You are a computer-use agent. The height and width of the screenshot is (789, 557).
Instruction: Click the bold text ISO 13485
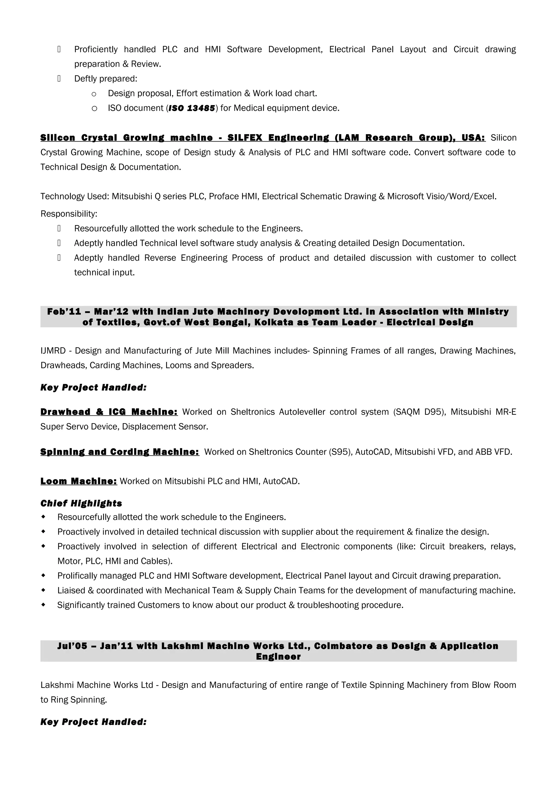point(191,108)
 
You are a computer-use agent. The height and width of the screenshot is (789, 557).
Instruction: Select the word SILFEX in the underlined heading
point(245,138)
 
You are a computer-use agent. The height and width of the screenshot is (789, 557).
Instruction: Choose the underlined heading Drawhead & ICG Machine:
point(109,412)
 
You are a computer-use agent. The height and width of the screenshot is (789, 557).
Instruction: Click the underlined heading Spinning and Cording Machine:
point(120,452)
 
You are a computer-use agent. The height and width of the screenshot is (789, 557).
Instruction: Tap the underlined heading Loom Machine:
point(79,481)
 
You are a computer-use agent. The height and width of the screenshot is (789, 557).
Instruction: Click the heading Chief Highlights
point(81,503)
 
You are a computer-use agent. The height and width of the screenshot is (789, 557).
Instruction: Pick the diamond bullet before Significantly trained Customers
point(43,605)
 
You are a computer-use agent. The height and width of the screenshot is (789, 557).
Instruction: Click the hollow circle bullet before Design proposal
point(94,94)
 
